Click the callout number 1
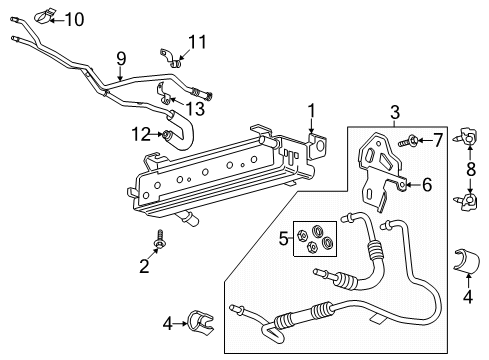(x=311, y=110)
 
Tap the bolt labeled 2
(x=158, y=240)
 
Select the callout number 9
(x=121, y=58)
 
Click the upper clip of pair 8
(x=467, y=137)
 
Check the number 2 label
(x=143, y=266)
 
